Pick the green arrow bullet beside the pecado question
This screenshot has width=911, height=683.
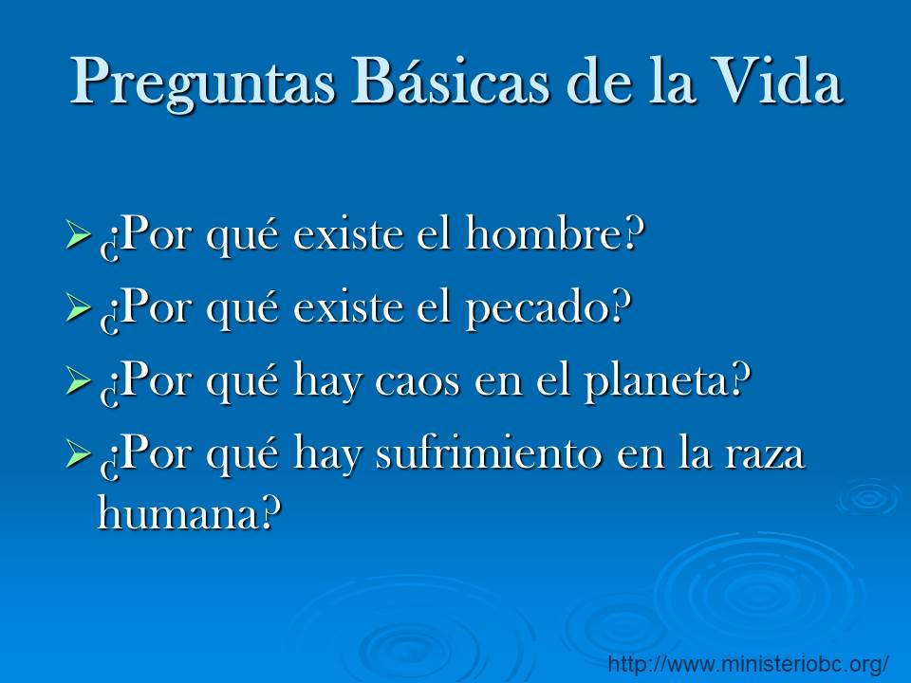pyautogui.click(x=79, y=306)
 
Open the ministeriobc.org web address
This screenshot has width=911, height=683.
pyautogui.click(x=749, y=663)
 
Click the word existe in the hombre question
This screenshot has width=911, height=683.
pyautogui.click(x=347, y=235)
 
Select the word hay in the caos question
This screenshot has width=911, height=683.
pyautogui.click(x=325, y=383)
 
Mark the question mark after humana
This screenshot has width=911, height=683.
pyautogui.click(x=270, y=512)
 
